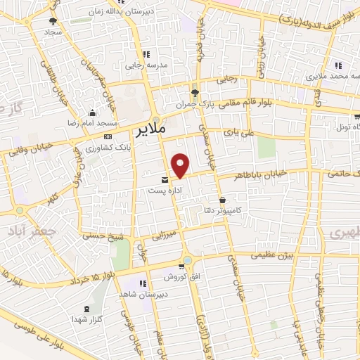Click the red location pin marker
click(x=181, y=165)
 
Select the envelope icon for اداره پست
click(x=165, y=179)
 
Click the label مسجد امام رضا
click(x=92, y=122)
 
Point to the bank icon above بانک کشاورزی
click(x=108, y=136)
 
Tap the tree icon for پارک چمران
click(x=195, y=92)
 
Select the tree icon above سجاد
click(x=53, y=22)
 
